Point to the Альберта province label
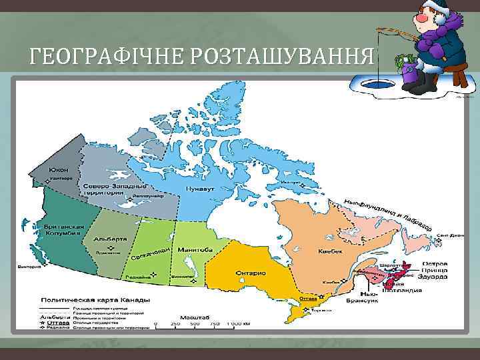(111, 238)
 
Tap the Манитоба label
(195, 249)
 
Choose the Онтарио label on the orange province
(251, 273)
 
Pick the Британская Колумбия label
(63, 229)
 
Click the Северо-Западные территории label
(103, 188)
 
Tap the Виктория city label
(29, 266)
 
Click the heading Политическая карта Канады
(96, 300)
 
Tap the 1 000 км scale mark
(237, 323)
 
